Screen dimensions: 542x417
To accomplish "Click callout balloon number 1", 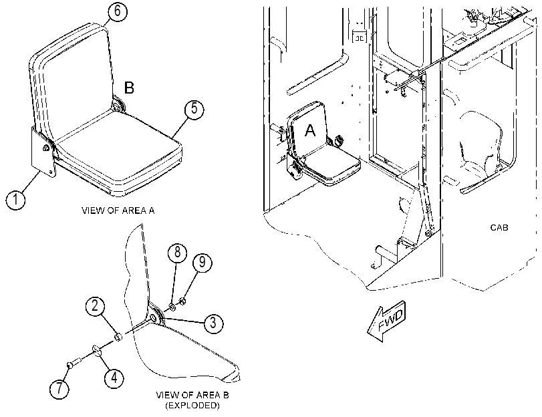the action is point(15,200).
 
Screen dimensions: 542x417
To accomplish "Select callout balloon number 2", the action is point(96,306).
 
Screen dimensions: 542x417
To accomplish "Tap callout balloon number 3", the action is point(213,323).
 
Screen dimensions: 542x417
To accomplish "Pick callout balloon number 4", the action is point(114,378).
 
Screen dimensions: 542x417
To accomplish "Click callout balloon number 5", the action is point(194,110).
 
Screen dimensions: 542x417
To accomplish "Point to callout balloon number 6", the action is point(118,11).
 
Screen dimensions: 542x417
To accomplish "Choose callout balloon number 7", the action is point(59,388).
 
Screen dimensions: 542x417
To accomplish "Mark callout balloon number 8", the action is point(177,253).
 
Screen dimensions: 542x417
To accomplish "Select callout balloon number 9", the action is point(202,263).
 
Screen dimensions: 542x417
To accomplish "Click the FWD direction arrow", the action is point(386,321).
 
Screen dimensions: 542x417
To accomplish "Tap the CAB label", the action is point(499,227).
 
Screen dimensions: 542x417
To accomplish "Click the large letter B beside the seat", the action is point(129,88).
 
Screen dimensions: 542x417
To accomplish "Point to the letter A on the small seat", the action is point(310,131).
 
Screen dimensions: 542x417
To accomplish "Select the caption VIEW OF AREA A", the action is point(118,211).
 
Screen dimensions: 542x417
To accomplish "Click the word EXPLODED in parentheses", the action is point(192,405).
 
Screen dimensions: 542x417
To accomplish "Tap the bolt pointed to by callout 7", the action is point(74,363).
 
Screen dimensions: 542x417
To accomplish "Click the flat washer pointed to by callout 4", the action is point(96,350).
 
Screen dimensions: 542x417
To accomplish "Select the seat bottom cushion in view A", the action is point(118,152).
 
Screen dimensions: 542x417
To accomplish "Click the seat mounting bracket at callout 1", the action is point(42,152).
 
